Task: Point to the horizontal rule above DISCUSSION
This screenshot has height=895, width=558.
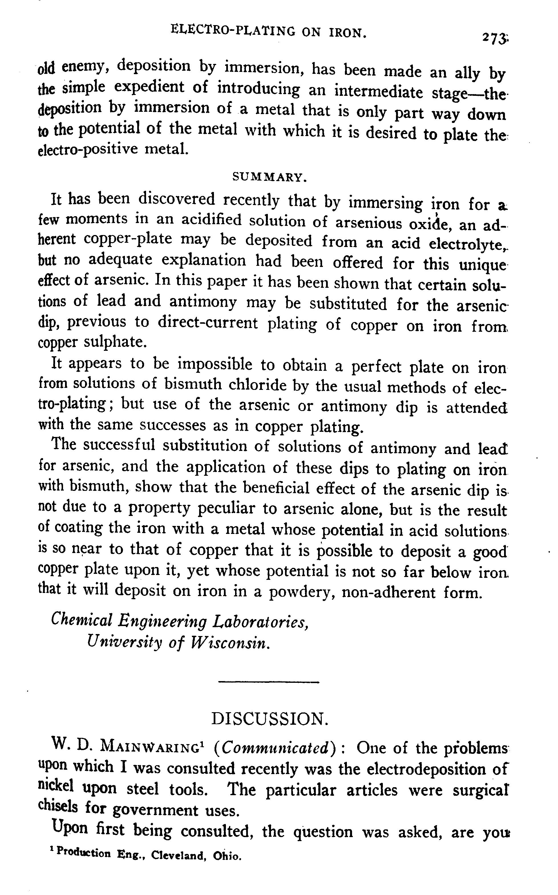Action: pos(269,682)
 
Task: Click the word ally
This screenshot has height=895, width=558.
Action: pos(467,73)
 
